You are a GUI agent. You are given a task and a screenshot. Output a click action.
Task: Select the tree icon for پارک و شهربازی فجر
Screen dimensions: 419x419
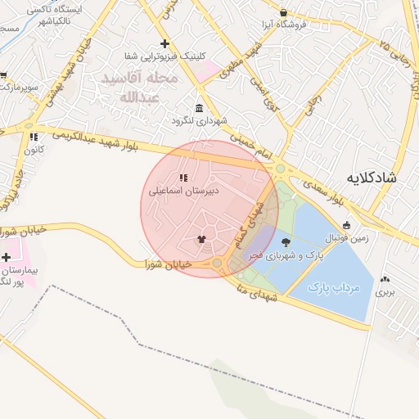point(286,241)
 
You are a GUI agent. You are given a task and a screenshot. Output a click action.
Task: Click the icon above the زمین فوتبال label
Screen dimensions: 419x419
point(346,225)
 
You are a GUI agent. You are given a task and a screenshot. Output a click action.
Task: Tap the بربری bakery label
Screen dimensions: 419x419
point(385,291)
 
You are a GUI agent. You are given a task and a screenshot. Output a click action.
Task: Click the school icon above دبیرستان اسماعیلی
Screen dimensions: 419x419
point(183,177)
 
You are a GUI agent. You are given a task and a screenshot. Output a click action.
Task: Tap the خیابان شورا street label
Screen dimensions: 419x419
point(168,264)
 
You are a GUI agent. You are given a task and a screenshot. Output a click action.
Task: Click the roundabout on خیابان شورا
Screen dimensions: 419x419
point(219,264)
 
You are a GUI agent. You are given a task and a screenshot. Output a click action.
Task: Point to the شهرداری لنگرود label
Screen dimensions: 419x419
point(198,121)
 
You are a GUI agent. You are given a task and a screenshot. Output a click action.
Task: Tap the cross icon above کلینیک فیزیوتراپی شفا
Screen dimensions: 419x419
point(165,43)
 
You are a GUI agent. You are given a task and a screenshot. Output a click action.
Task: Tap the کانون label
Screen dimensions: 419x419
point(33,150)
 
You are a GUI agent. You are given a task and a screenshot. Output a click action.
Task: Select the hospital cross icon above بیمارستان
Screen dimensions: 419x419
point(7,257)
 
